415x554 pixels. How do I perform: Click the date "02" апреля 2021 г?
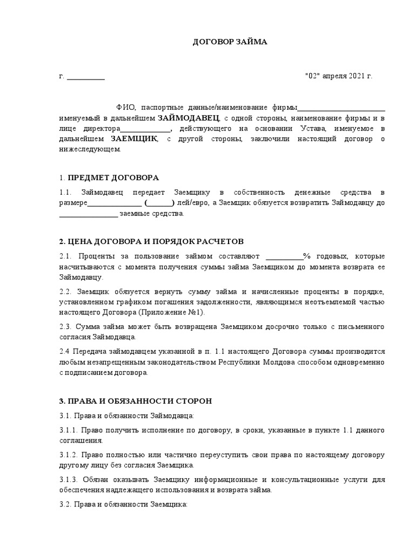pos(339,76)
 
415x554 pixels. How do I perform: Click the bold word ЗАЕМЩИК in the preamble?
pos(134,139)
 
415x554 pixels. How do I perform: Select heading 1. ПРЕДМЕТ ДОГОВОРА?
pos(110,177)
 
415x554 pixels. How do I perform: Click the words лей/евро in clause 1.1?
pos(192,203)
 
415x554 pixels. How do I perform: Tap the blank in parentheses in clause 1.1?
pos(159,203)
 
